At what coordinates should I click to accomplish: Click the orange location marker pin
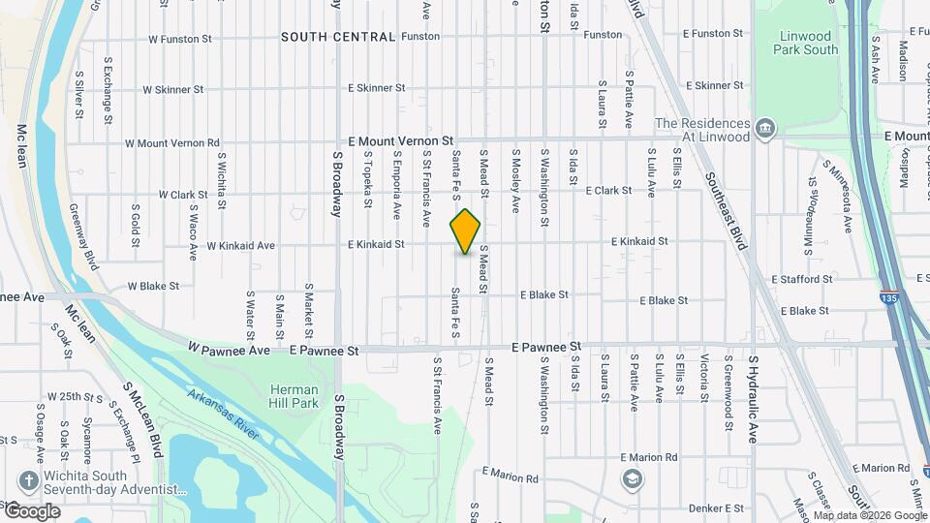pos(466,231)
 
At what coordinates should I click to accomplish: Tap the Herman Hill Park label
pos(294,395)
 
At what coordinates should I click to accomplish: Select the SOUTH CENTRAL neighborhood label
pos(338,37)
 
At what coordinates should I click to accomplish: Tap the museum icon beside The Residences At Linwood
pos(765,129)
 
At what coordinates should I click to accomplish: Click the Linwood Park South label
pos(808,43)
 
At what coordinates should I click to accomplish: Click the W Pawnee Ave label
pos(229,347)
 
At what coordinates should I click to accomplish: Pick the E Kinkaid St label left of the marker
pos(376,244)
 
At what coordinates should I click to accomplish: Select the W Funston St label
pos(179,40)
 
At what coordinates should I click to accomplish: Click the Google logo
pos(32,511)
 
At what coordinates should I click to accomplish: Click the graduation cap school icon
pos(632,479)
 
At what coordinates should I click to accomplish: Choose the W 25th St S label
pos(75,397)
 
